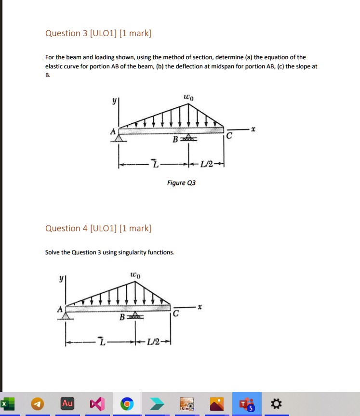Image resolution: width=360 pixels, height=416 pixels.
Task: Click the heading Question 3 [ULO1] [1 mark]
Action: point(98,33)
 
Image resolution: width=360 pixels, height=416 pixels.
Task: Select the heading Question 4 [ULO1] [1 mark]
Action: point(98,228)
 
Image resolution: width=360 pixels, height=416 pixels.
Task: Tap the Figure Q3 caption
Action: point(181,183)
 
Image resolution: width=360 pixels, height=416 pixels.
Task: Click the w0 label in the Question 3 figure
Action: point(188,98)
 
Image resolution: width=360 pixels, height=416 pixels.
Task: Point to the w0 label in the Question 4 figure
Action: point(135,275)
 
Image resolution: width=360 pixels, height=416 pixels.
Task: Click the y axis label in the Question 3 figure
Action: point(114,102)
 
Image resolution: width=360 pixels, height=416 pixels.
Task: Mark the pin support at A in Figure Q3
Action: point(119,139)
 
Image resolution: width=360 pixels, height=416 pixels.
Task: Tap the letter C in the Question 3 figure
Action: point(229,137)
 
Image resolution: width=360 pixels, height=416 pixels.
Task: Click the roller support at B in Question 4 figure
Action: point(135,317)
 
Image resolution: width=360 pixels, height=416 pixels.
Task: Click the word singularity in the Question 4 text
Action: point(128,252)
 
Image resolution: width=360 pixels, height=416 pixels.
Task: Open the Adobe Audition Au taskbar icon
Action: point(67,403)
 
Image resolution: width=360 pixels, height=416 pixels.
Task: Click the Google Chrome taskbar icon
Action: point(127,403)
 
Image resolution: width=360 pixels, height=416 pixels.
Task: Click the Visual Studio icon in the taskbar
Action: point(97,403)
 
